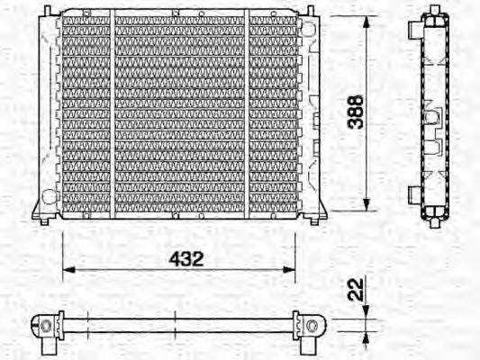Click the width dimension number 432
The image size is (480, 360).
[186, 258]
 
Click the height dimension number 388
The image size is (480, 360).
[358, 112]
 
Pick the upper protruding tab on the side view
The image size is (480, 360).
[413, 31]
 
